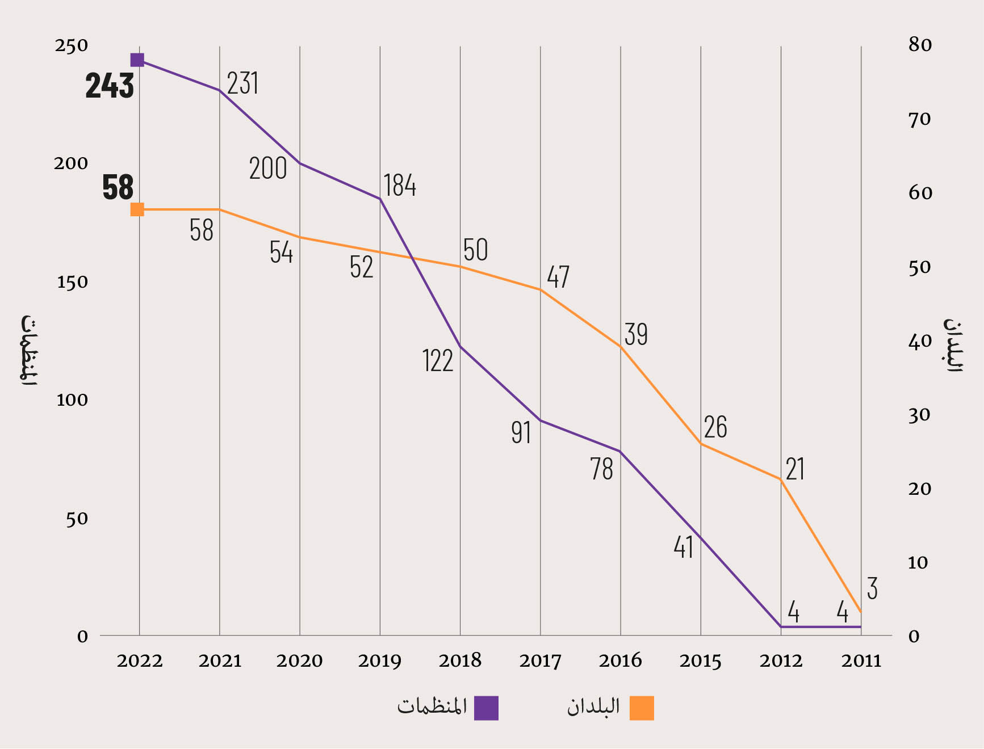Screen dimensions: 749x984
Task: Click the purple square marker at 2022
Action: [x=137, y=60]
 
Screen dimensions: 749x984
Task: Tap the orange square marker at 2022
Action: [x=137, y=209]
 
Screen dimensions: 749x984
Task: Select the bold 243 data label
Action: [x=110, y=86]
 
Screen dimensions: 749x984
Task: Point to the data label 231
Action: [x=242, y=83]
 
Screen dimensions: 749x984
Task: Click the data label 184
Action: [x=400, y=186]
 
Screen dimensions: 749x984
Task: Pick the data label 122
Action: [x=438, y=361]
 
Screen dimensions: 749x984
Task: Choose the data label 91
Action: [x=521, y=433]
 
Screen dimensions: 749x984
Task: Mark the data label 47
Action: [x=558, y=277]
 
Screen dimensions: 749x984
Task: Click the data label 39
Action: [x=636, y=334]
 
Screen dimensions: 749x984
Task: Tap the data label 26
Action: [x=715, y=427]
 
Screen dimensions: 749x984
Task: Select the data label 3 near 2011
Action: [x=872, y=588]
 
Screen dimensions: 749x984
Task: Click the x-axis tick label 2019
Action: [x=379, y=660]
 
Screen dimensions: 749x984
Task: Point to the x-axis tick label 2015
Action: [x=700, y=660]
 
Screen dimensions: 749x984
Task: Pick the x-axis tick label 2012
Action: [x=781, y=660]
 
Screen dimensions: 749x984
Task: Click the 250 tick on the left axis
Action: [x=72, y=45]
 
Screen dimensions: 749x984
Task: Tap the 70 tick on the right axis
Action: [x=920, y=119]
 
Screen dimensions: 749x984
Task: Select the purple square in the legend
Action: [x=486, y=708]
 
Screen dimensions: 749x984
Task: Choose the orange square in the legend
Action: [x=642, y=708]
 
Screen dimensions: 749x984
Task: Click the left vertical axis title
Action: [x=28, y=350]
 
